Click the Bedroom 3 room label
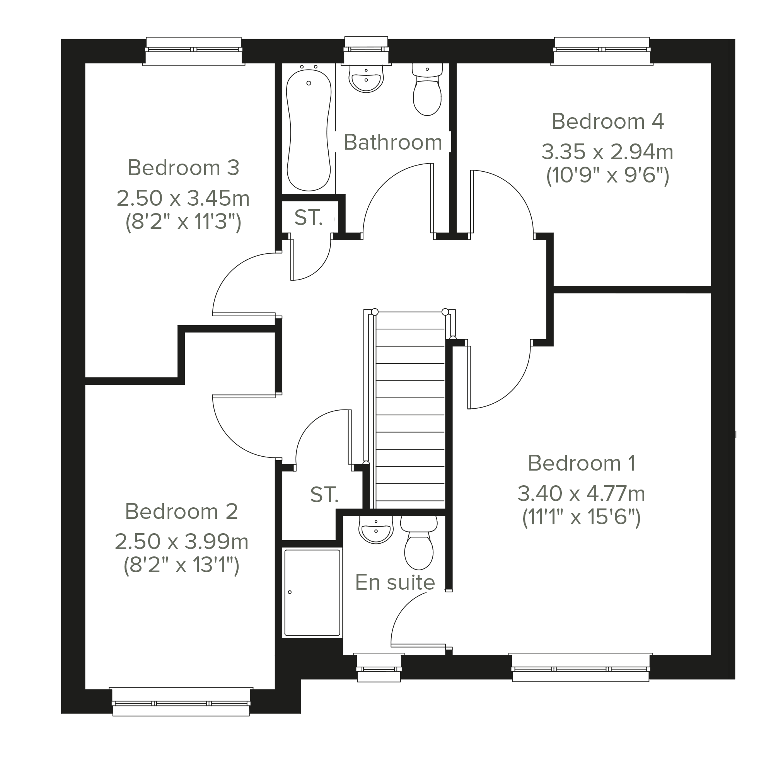[x=183, y=168]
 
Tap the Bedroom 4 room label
[x=607, y=121]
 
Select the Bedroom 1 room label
[x=582, y=463]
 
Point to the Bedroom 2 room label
[x=181, y=512]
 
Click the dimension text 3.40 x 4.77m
[x=581, y=494]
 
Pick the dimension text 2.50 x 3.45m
[x=183, y=199]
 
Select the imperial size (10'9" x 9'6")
[x=607, y=176]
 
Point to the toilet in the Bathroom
[x=427, y=90]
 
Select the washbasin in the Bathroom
[x=366, y=77]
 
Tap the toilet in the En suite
[x=419, y=542]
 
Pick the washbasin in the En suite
[x=376, y=529]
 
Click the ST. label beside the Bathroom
[x=309, y=218]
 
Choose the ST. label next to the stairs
[x=324, y=495]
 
